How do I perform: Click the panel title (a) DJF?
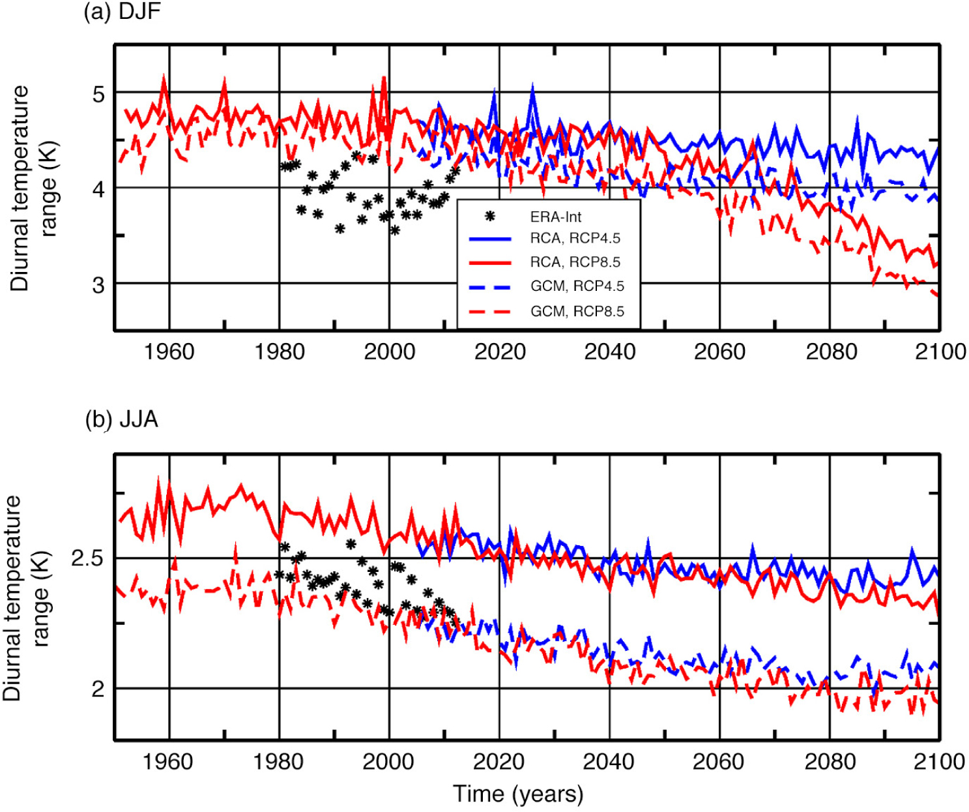tap(123, 12)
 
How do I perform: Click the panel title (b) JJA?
tap(122, 419)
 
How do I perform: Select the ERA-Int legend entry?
tap(555, 216)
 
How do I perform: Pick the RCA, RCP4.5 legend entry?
tap(575, 239)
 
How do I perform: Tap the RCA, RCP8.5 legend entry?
tap(575, 262)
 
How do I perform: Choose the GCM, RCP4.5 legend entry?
tap(577, 286)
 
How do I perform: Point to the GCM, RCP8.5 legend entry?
tap(577, 310)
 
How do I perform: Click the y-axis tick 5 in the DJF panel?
tap(98, 93)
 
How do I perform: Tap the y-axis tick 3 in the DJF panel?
tap(98, 284)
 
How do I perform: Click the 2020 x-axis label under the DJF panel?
tap(500, 352)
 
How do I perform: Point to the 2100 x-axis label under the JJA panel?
tap(939, 761)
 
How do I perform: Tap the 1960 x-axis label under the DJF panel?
tap(169, 352)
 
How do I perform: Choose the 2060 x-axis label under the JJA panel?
tap(719, 761)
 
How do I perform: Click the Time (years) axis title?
tap(518, 794)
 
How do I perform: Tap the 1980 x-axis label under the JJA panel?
tap(279, 761)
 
